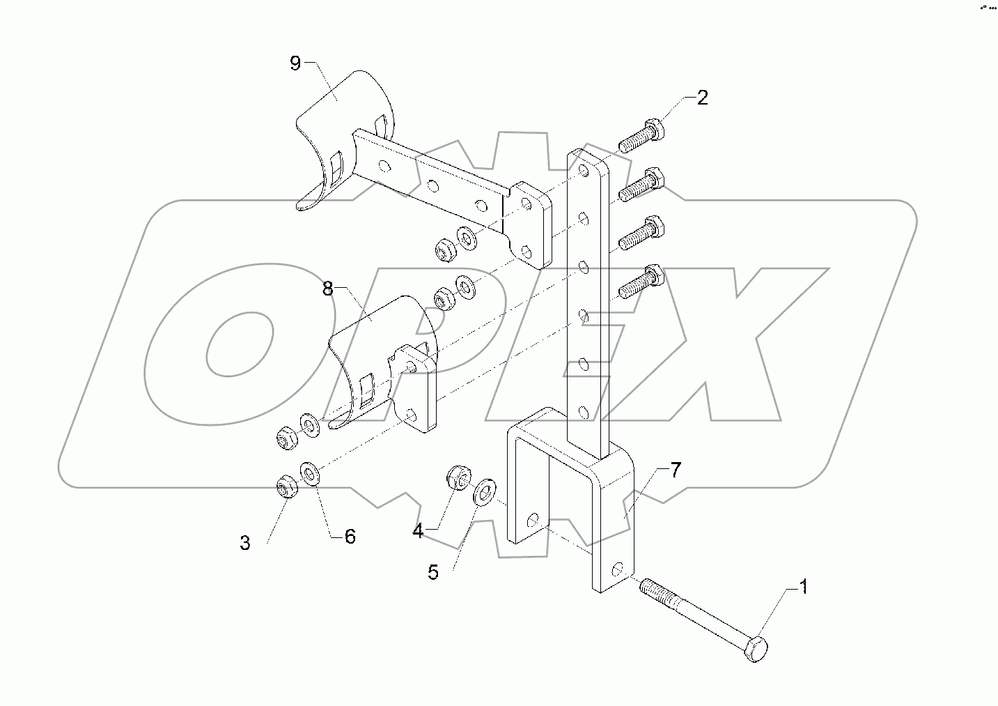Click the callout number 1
803,588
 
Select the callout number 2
702,98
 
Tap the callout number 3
245,543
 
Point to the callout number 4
418,531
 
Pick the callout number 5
433,573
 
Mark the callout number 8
328,289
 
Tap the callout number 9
295,63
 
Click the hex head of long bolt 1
757,650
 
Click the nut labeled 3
286,486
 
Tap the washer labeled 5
485,491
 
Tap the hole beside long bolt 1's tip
616,570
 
